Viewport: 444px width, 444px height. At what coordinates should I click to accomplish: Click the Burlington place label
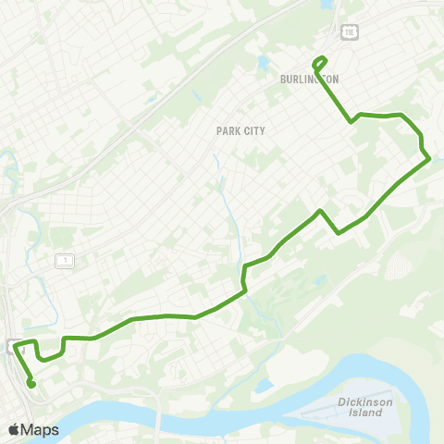309,80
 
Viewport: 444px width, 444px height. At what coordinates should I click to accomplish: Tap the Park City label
240,131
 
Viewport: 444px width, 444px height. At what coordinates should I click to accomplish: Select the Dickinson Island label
359,408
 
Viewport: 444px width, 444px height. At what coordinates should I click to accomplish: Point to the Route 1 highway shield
65,262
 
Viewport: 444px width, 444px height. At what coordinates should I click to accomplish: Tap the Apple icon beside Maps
13,429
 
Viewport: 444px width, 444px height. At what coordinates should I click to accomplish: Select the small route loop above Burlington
320,63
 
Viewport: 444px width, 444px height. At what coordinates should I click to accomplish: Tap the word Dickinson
359,402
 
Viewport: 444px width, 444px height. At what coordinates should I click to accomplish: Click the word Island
359,413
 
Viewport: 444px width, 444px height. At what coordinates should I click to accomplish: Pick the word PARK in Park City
228,131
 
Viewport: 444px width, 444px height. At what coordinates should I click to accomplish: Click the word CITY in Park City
253,131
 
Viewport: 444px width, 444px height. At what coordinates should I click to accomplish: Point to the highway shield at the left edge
9,347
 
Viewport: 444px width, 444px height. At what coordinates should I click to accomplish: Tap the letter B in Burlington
283,80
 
